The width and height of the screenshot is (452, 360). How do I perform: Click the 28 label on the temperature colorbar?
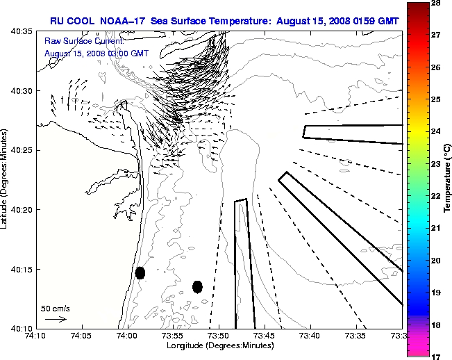tap(436, 3)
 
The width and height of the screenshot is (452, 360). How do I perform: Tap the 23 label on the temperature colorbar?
tap(436, 164)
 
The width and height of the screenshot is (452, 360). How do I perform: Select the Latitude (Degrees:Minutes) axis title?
tap(6, 179)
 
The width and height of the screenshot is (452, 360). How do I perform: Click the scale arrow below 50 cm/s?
tap(56, 319)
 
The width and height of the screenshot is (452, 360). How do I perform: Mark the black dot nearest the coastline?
tap(140, 272)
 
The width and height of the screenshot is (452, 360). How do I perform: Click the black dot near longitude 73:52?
tap(197, 286)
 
